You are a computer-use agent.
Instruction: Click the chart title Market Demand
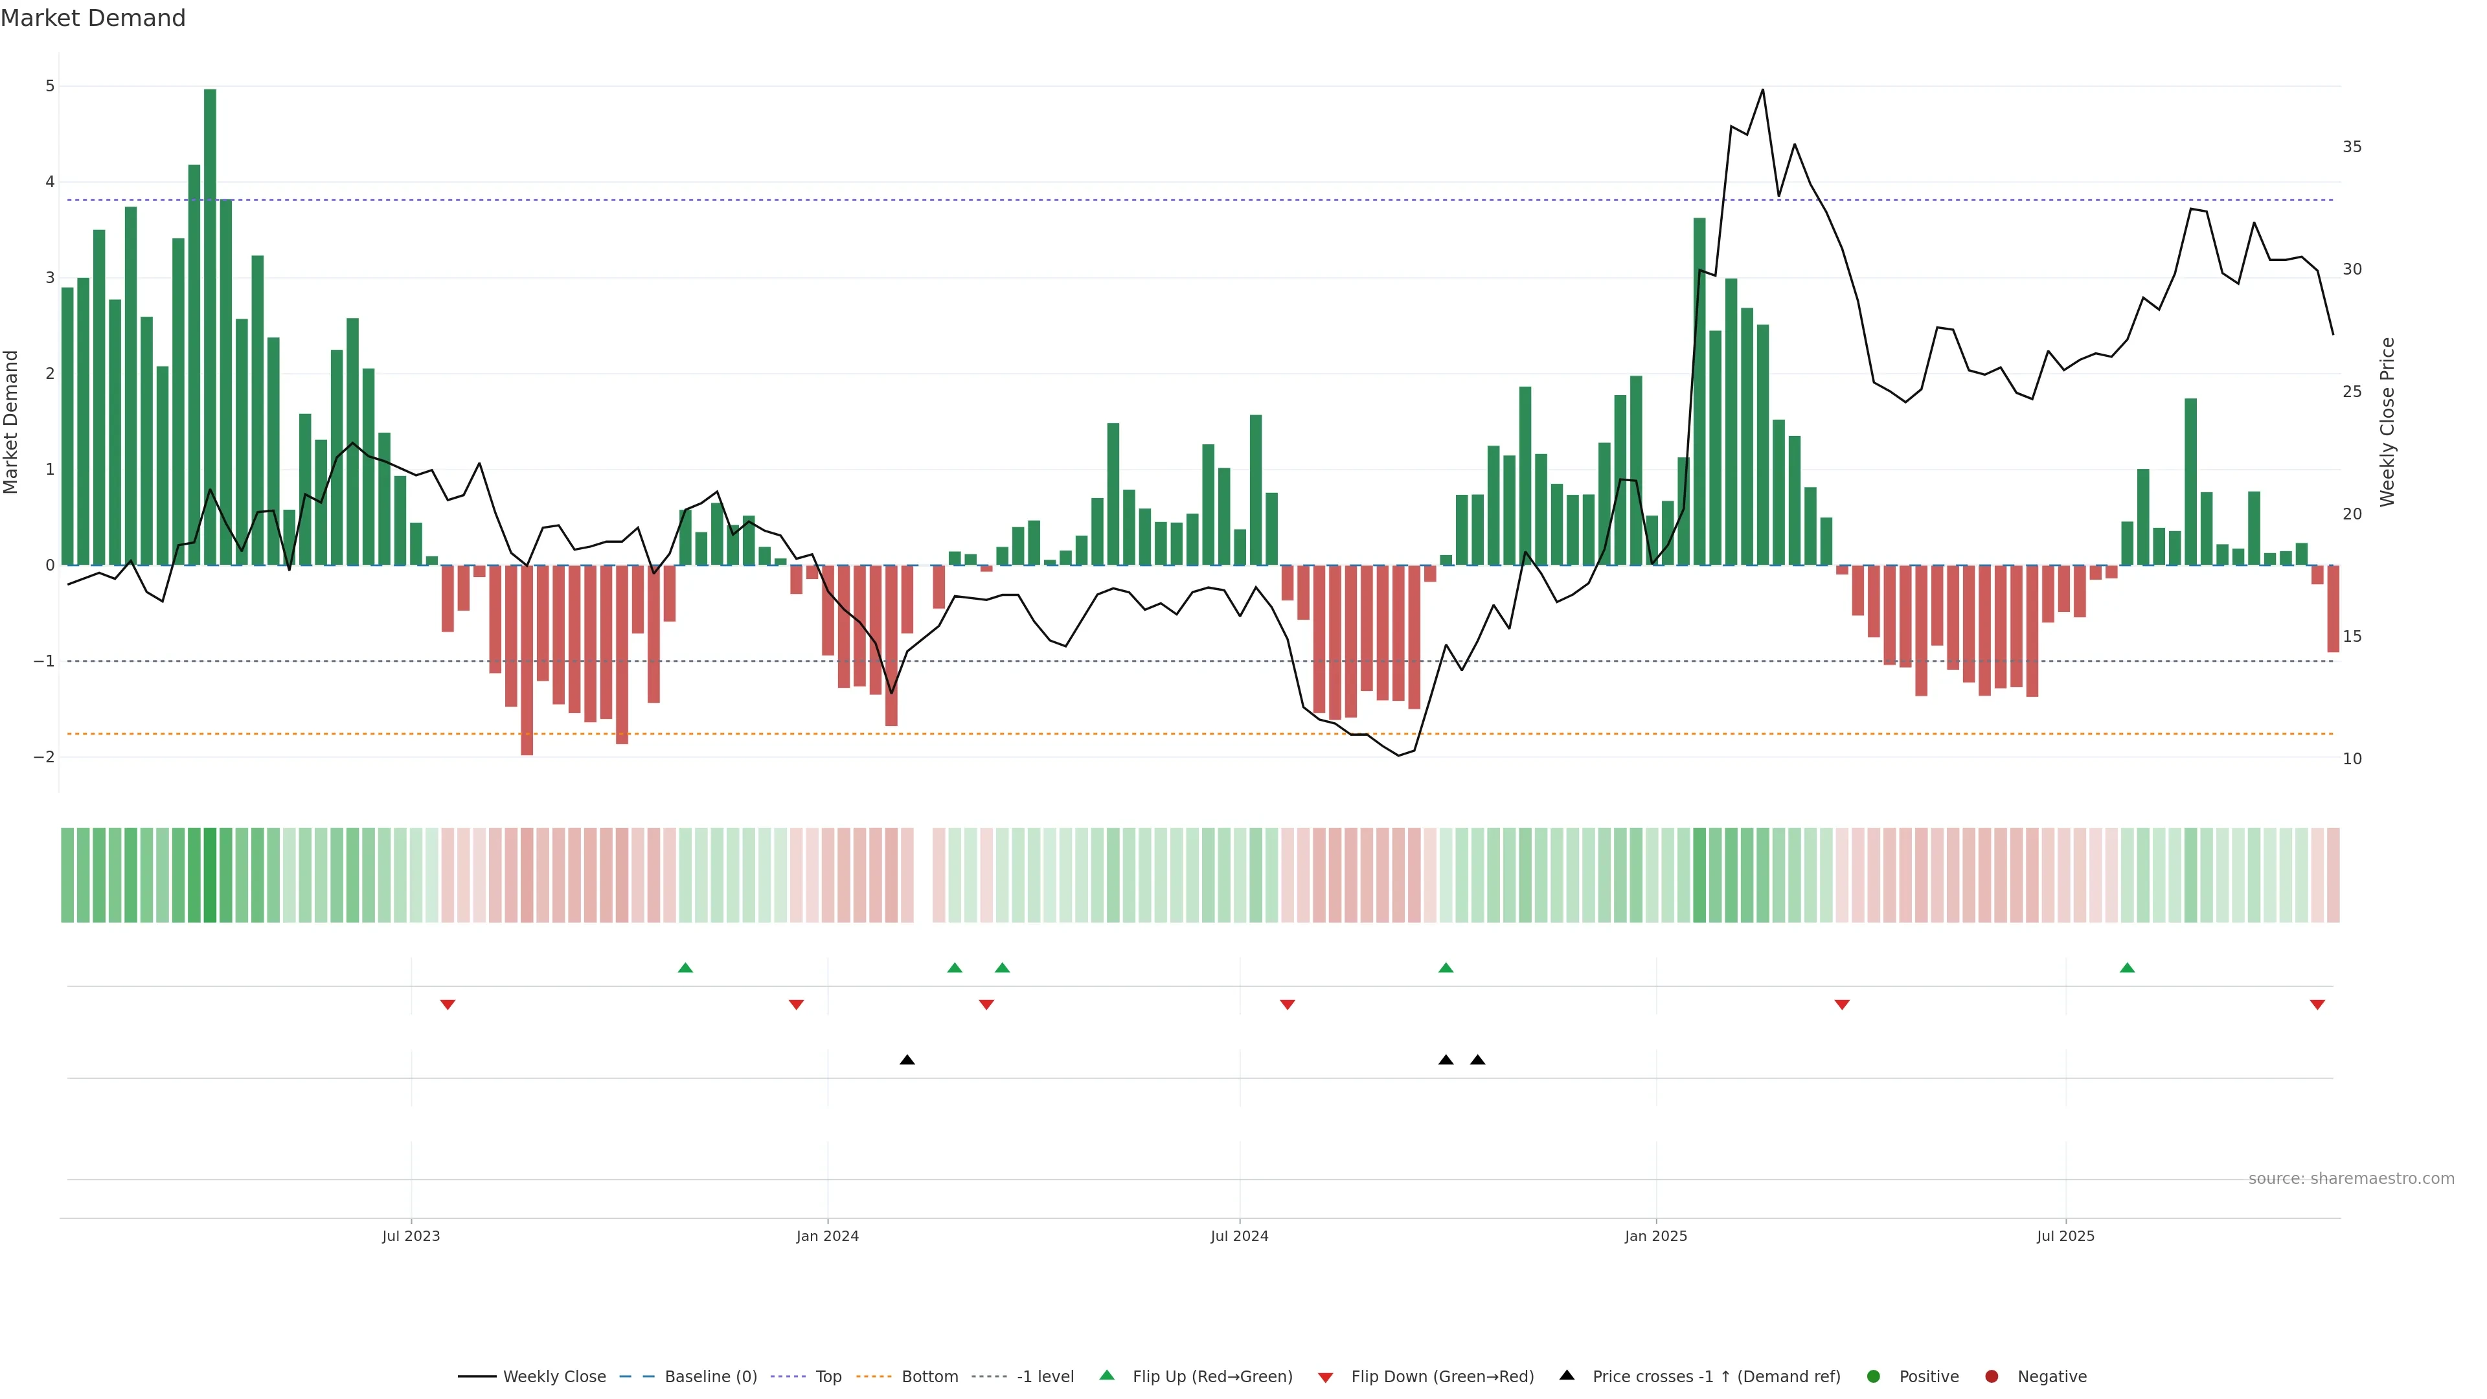click(93, 18)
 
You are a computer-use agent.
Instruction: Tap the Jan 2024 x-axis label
click(828, 1236)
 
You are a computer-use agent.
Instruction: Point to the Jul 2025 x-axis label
click(2065, 1236)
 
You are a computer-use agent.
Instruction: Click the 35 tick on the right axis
click(2352, 147)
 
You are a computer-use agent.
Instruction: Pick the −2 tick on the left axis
click(45, 757)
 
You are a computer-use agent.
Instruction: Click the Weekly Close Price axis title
click(2387, 422)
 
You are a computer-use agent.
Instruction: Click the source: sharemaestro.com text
click(2351, 1179)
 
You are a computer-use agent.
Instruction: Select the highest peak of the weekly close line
click(1763, 90)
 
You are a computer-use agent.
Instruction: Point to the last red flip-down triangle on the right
click(2317, 1005)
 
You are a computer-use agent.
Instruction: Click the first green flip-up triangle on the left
click(685, 968)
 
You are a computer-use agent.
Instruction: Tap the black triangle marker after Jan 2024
click(907, 1060)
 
